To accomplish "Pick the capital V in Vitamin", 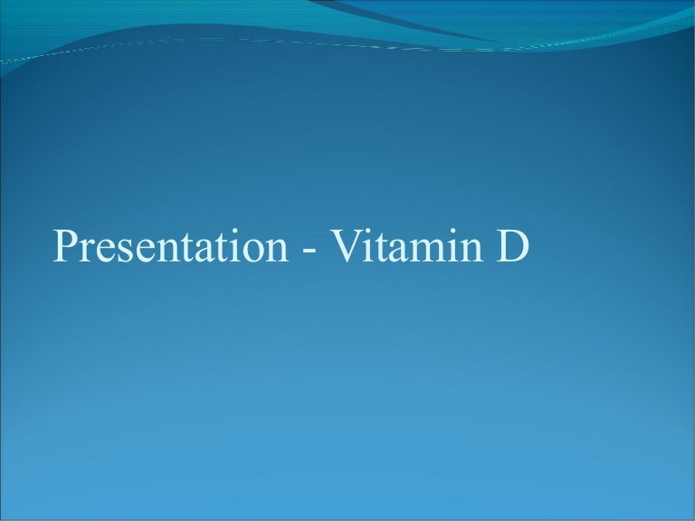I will coord(344,246).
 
